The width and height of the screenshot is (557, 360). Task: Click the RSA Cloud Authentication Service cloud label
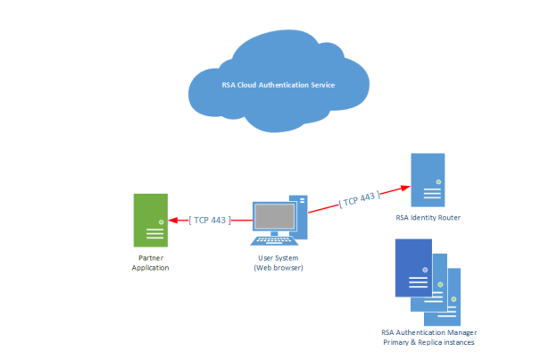click(x=278, y=85)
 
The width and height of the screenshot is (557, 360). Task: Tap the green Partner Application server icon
click(x=150, y=220)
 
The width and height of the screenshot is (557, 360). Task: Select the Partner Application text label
click(x=150, y=263)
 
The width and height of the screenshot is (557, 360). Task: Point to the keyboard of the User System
click(x=275, y=240)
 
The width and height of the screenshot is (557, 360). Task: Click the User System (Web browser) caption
click(x=278, y=263)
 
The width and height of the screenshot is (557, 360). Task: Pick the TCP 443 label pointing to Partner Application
click(x=211, y=218)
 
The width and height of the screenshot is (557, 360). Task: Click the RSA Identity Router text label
click(x=428, y=218)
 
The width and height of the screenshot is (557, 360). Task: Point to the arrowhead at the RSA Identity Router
click(x=405, y=188)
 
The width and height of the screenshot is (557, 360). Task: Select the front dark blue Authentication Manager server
click(x=413, y=267)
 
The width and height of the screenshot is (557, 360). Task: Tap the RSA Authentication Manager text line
click(x=428, y=332)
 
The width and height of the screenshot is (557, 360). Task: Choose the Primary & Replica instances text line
click(x=428, y=342)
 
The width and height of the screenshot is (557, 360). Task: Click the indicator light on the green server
click(x=161, y=221)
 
